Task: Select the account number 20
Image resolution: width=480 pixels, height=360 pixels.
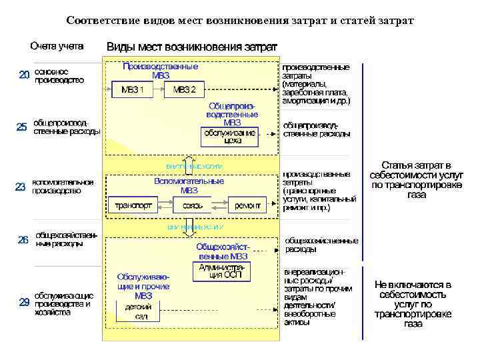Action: (x=24, y=75)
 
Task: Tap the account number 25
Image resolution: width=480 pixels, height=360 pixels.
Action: (x=21, y=127)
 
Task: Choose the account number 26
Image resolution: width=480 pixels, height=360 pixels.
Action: (x=23, y=239)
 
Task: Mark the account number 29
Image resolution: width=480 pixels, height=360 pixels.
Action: (x=24, y=302)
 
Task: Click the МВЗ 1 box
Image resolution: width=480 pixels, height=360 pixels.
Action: (x=132, y=89)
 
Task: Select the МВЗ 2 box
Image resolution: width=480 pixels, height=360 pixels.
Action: (x=184, y=89)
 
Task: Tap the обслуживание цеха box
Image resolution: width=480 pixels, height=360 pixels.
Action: (x=229, y=136)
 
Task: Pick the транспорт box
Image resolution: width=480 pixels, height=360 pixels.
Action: (x=133, y=206)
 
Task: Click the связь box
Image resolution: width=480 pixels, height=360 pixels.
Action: (x=193, y=206)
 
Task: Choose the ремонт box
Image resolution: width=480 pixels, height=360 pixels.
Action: (x=247, y=206)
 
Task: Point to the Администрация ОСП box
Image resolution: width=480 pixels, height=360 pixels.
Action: (x=222, y=271)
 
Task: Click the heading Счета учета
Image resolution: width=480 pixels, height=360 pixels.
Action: (x=57, y=47)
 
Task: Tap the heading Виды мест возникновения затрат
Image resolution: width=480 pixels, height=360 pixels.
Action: (x=193, y=47)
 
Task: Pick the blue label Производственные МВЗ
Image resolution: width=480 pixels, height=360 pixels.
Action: (x=160, y=71)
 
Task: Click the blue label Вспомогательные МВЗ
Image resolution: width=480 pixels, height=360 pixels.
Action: (x=189, y=185)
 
